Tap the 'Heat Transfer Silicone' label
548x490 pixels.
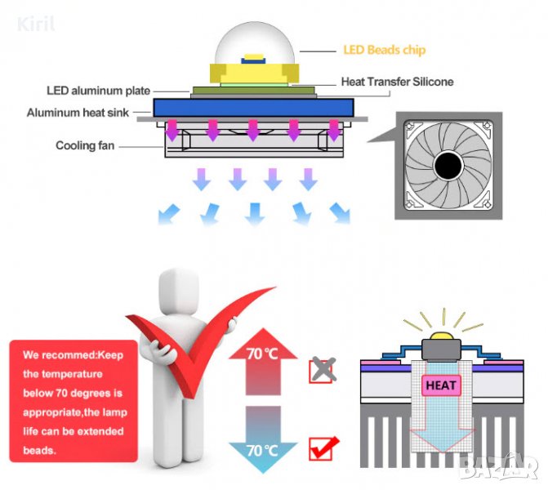click(x=396, y=82)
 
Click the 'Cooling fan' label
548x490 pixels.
click(x=85, y=145)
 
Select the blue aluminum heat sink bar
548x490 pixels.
click(x=253, y=108)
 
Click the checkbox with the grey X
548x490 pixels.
click(x=321, y=370)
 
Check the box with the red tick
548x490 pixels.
click(x=322, y=448)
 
